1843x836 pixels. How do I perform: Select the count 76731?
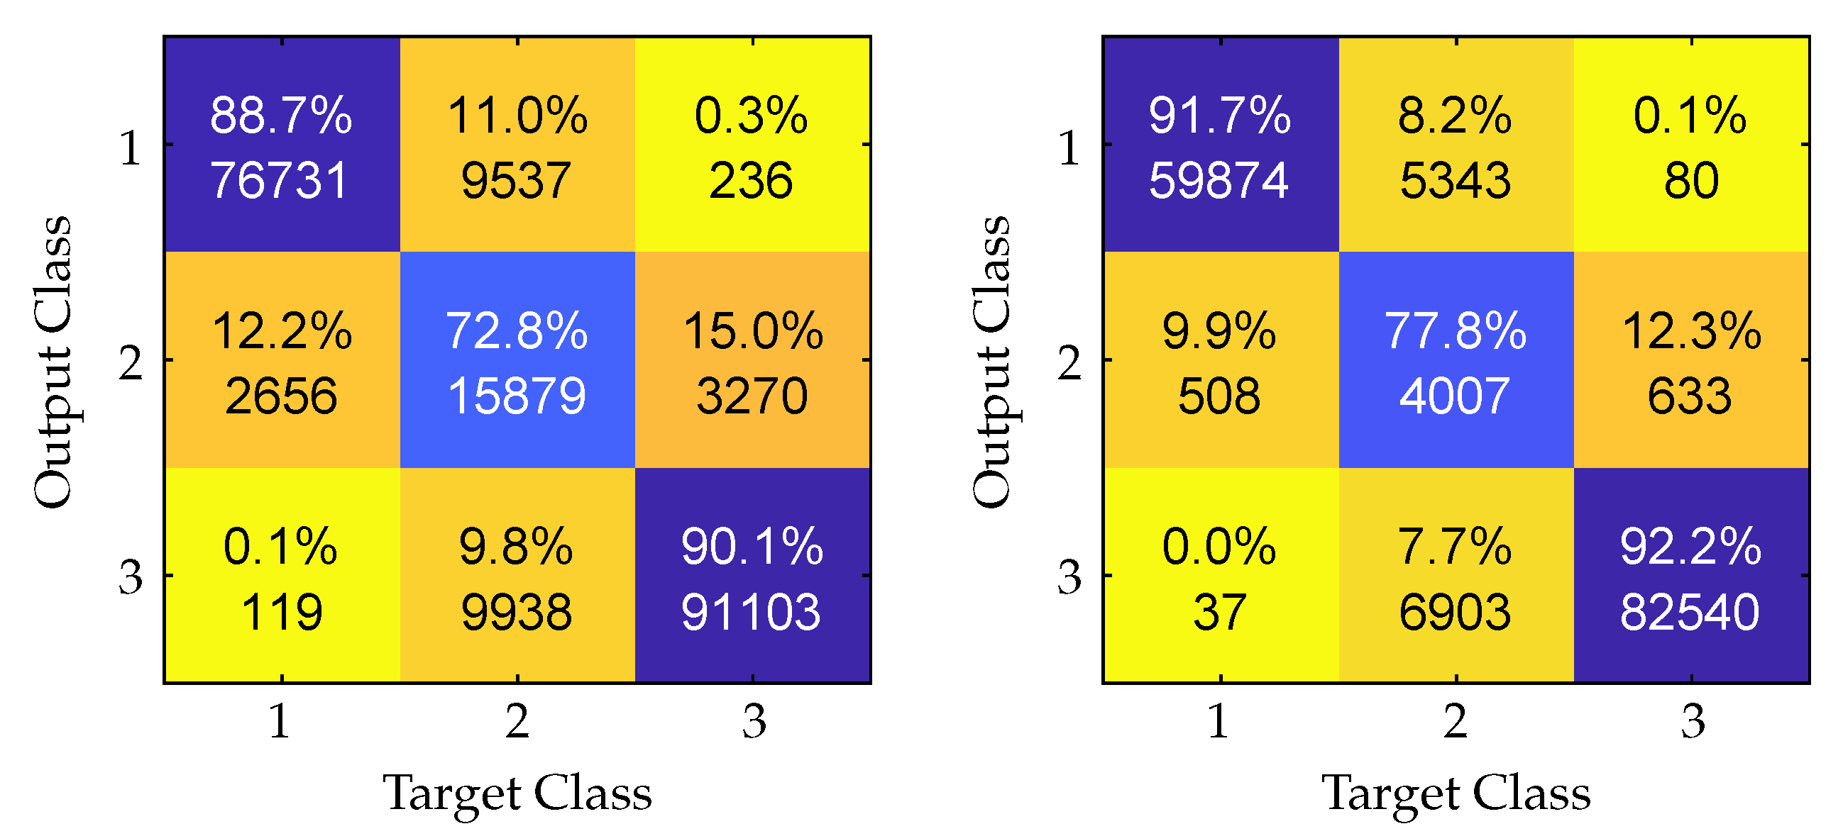pos(280,180)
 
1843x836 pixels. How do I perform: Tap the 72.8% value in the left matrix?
pos(517,331)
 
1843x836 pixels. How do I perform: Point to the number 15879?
pos(517,396)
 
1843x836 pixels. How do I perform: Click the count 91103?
pos(752,613)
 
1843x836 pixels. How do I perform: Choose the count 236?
pos(752,180)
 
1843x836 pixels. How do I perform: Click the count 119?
pos(281,613)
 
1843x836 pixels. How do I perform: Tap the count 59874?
pos(1219,180)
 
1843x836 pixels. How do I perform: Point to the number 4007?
pos(1455,396)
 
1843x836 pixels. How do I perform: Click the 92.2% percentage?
pos(1690,547)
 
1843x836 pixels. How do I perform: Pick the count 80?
pos(1690,180)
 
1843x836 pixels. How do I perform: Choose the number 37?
pos(1220,613)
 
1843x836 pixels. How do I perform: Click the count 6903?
pos(1455,613)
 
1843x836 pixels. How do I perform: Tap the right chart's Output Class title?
pos(991,362)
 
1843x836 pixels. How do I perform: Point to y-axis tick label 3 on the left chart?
pos(130,577)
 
